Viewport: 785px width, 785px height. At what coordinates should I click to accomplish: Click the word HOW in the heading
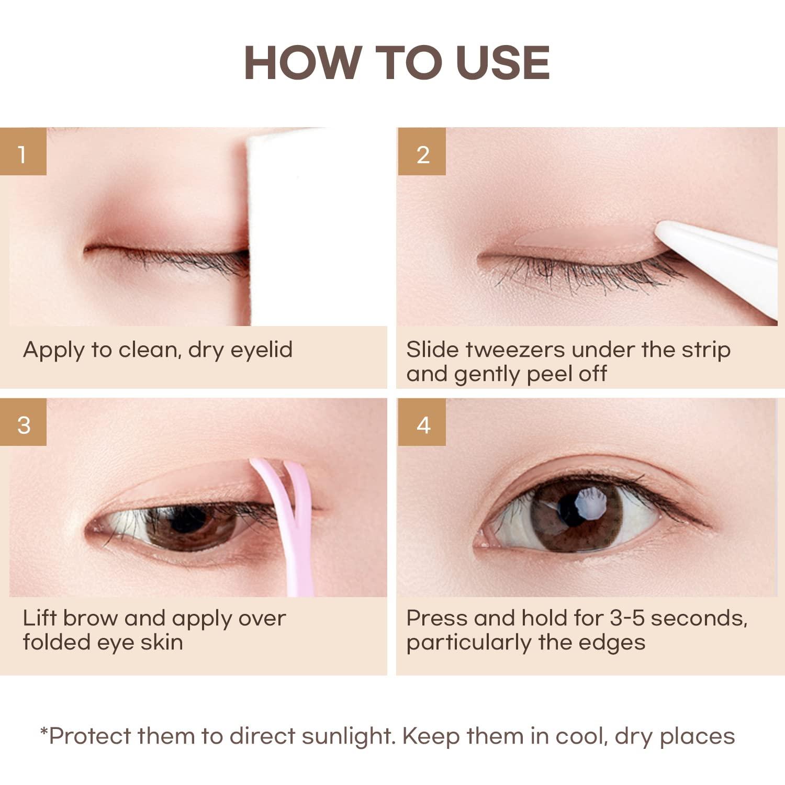pos(303,63)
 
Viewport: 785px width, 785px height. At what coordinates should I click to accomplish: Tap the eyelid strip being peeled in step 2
pos(581,239)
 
